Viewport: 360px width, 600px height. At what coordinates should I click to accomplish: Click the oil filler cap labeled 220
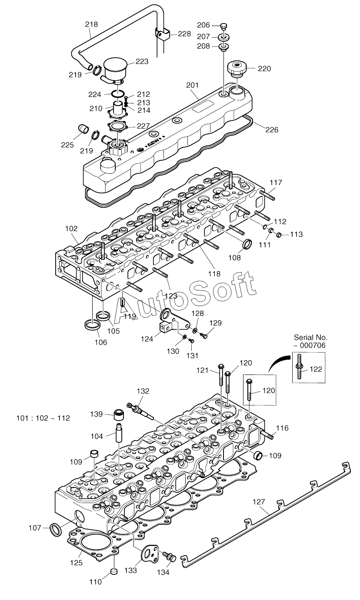coord(237,68)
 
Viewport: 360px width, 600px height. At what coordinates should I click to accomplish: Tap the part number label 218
coord(91,24)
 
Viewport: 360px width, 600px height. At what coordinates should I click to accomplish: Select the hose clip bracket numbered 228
coord(163,34)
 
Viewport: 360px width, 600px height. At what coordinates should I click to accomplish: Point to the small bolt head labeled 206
coord(223,26)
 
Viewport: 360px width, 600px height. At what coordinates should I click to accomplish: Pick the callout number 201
coord(193,85)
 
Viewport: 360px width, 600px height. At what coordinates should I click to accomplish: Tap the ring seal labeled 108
coord(247,244)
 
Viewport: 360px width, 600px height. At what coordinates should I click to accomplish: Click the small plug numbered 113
coord(279,235)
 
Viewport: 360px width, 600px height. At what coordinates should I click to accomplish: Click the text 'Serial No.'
coord(311,337)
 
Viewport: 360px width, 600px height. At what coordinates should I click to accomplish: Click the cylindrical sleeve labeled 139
coord(119,415)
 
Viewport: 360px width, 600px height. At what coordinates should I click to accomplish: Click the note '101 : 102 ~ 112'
coord(43,418)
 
